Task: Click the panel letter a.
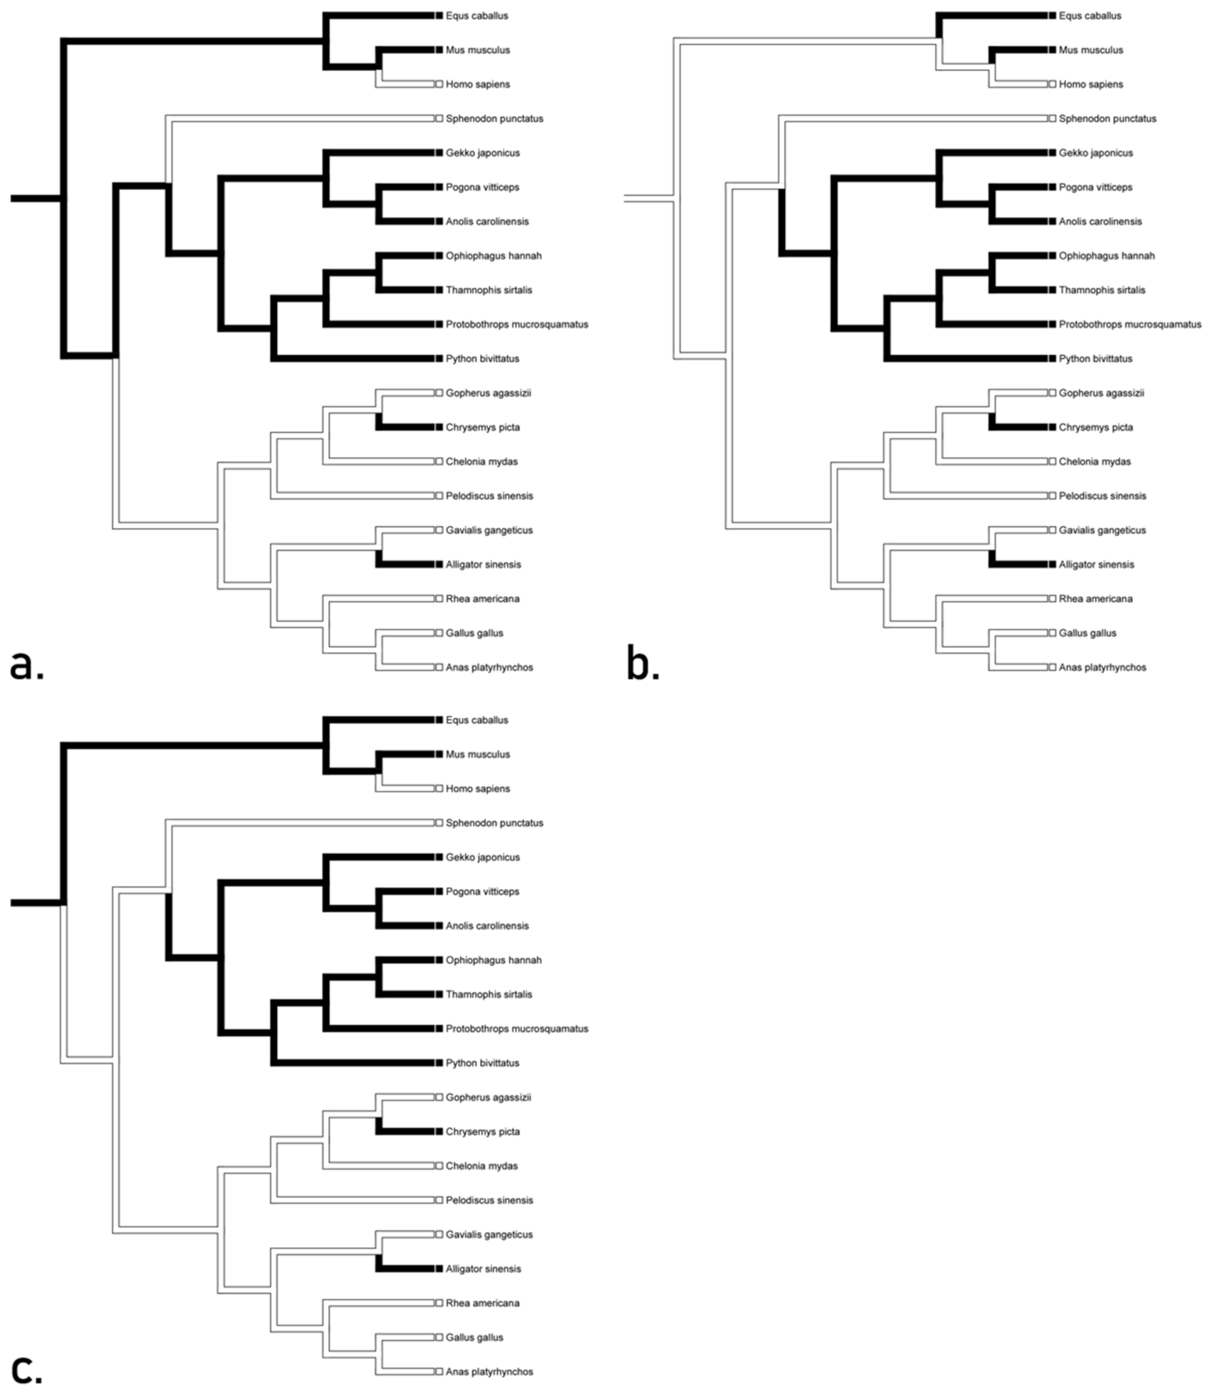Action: [x=27, y=665]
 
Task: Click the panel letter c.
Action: [x=27, y=1370]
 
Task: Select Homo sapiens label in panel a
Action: [x=478, y=85]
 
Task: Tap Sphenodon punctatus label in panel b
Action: [x=1107, y=119]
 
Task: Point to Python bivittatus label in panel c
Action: [x=482, y=1063]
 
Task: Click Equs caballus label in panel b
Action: [x=1090, y=16]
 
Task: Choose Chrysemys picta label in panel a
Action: [x=482, y=427]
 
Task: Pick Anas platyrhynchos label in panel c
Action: [x=489, y=1371]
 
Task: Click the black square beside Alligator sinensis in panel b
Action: [x=1052, y=564]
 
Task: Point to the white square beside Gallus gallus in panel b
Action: [x=1052, y=633]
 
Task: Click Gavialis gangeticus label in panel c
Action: [x=489, y=1234]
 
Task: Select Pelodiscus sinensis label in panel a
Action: [x=489, y=496]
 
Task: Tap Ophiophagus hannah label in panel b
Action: [x=1106, y=256]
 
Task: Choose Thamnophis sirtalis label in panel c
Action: [x=489, y=994]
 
